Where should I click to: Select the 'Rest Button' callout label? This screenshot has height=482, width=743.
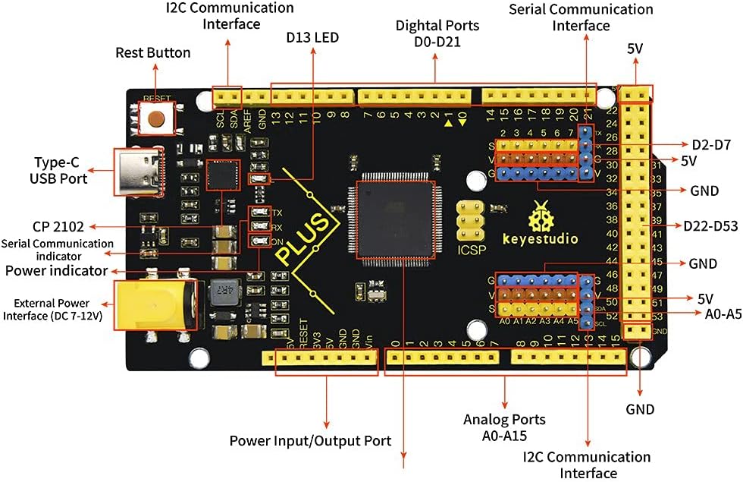153,53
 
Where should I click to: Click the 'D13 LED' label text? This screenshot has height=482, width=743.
312,37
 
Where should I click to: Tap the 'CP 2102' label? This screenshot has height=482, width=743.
58,226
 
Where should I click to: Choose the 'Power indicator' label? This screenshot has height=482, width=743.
55,270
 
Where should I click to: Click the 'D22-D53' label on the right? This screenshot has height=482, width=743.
710,225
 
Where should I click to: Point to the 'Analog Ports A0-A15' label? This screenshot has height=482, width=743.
504,427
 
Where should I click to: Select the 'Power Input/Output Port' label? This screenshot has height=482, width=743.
310,441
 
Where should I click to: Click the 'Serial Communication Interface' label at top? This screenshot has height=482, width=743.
581,17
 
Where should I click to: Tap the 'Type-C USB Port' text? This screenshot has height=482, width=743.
60,170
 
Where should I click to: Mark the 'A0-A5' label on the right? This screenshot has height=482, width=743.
716,313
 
